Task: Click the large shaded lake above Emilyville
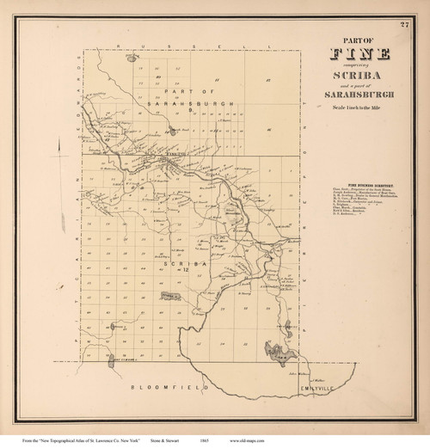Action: (x=278, y=348)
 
